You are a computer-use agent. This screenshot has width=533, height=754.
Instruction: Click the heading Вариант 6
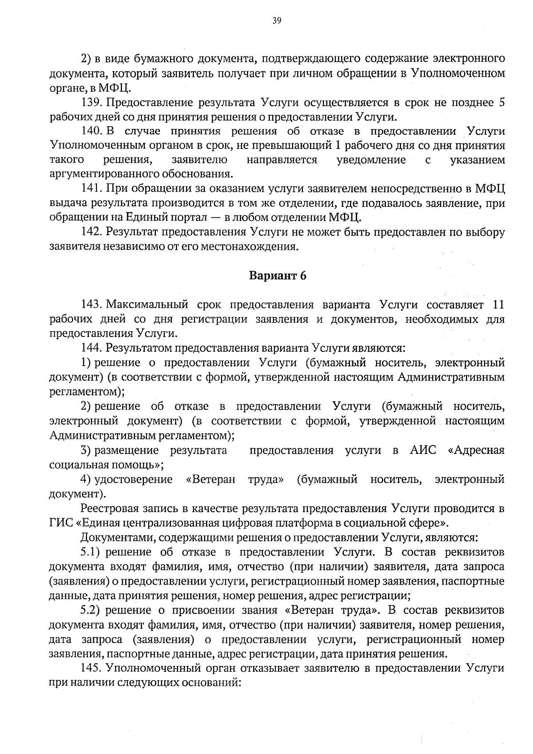(x=278, y=276)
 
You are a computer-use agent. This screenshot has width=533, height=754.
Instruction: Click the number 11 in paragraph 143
(x=499, y=305)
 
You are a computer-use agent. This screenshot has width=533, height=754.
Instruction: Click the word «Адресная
(x=477, y=450)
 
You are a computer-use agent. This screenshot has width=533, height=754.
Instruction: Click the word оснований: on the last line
(x=212, y=683)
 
